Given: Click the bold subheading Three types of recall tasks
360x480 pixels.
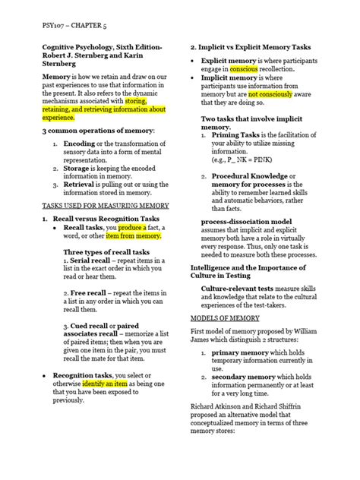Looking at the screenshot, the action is pos(106,251).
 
